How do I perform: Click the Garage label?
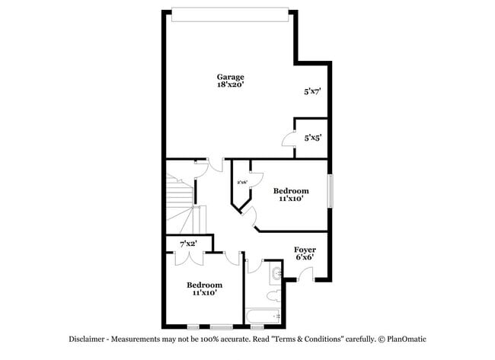click(x=230, y=77)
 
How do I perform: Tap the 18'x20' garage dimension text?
click(x=230, y=85)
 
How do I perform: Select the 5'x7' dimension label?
click(x=312, y=91)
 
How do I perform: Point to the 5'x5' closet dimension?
click(x=312, y=139)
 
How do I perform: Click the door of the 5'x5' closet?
click(x=288, y=139)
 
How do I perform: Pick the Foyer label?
click(x=305, y=249)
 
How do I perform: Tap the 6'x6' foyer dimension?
click(x=305, y=257)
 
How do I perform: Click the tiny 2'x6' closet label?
click(x=241, y=182)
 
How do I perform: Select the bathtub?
click(x=263, y=315)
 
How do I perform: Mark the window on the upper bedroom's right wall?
click(x=330, y=190)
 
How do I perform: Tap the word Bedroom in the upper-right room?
click(x=291, y=190)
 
